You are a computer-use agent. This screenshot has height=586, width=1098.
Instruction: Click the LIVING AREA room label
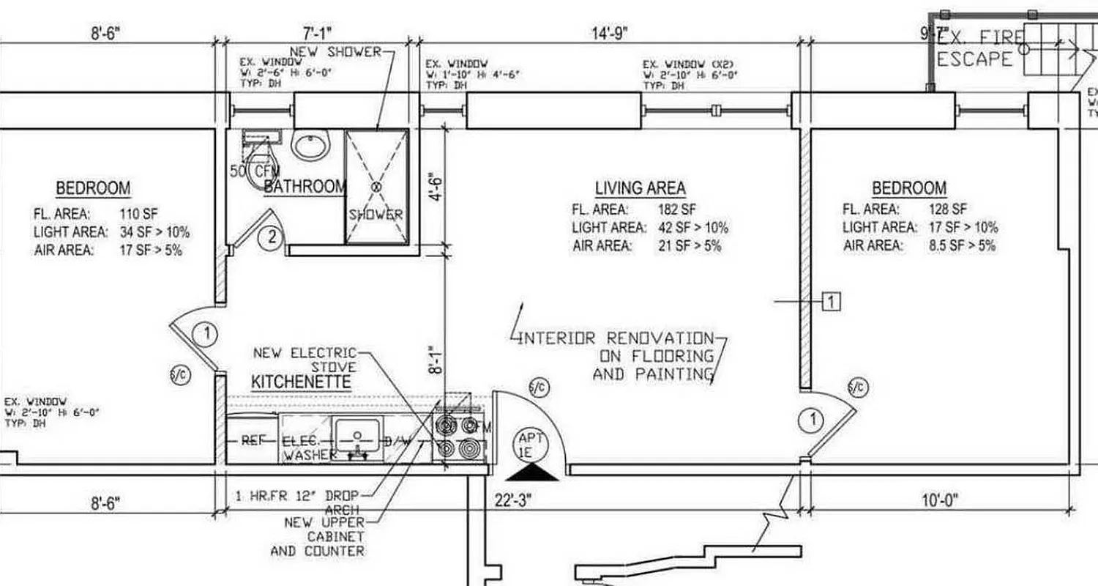pos(640,188)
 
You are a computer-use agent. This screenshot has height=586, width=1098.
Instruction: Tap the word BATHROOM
pos(304,186)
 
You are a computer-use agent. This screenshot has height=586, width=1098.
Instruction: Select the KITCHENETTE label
pos(301,382)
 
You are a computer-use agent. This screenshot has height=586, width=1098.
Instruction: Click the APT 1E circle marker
pos(531,445)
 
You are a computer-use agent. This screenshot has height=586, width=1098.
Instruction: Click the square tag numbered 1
pos(832,300)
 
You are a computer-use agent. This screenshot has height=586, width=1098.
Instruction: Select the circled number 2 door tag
pos(271,237)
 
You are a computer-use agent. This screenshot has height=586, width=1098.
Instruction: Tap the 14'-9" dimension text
pos(610,33)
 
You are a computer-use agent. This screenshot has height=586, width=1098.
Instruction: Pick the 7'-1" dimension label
pos(317,33)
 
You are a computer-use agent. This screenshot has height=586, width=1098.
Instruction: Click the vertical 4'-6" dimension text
pos(436,187)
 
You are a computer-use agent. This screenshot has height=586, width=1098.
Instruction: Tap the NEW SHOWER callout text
pos(336,51)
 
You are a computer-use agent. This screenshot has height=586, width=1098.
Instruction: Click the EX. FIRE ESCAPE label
pos(979,48)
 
